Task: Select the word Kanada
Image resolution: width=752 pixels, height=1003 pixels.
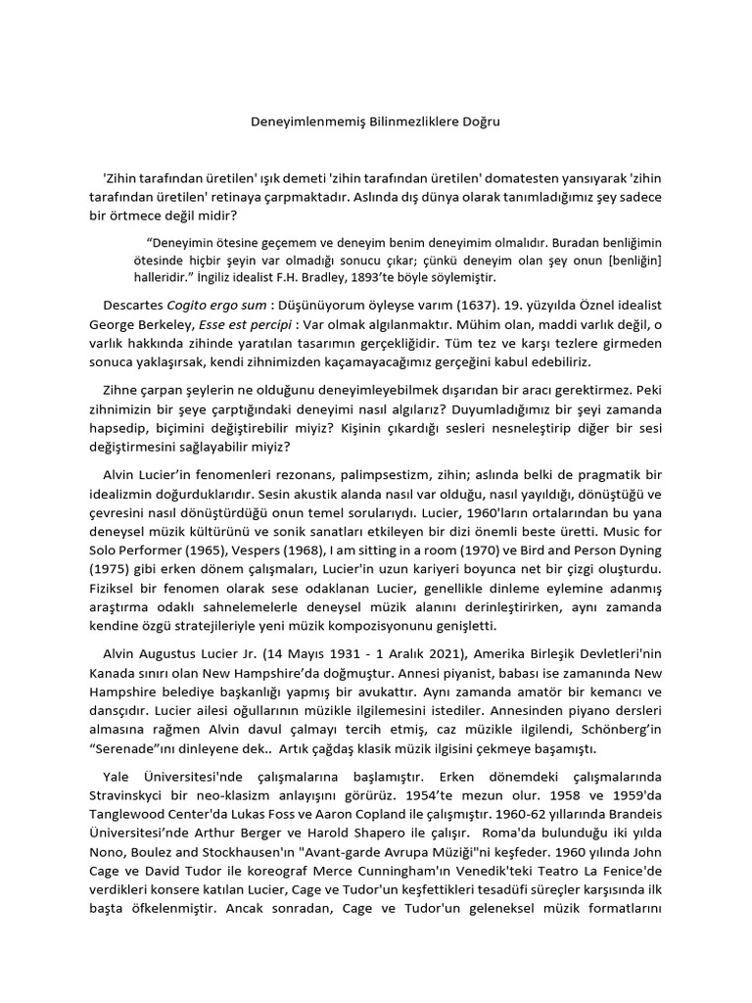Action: pos(112,674)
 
